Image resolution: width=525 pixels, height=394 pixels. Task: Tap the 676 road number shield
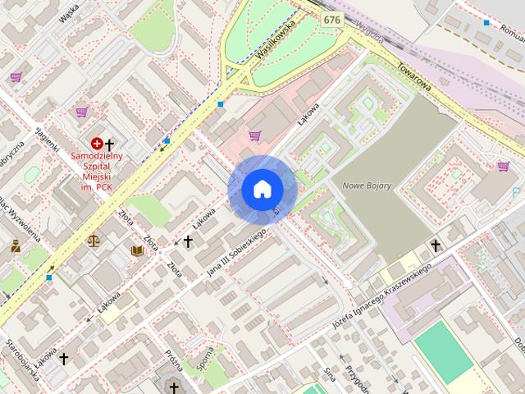click(x=331, y=18)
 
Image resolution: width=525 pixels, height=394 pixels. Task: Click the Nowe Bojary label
click(x=367, y=186)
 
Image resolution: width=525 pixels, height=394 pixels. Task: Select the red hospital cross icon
click(x=97, y=144)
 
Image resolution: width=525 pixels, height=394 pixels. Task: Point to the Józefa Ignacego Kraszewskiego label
click(x=381, y=292)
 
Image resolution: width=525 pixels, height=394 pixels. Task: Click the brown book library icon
click(x=137, y=250)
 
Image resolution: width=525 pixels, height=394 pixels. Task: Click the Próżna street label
click(x=172, y=358)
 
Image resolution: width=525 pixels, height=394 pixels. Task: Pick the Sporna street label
click(x=203, y=356)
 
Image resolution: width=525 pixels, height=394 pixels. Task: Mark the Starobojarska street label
click(x=22, y=360)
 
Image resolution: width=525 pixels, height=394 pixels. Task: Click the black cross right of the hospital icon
click(x=110, y=144)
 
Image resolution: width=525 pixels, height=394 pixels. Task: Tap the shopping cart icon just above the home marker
click(x=255, y=135)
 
